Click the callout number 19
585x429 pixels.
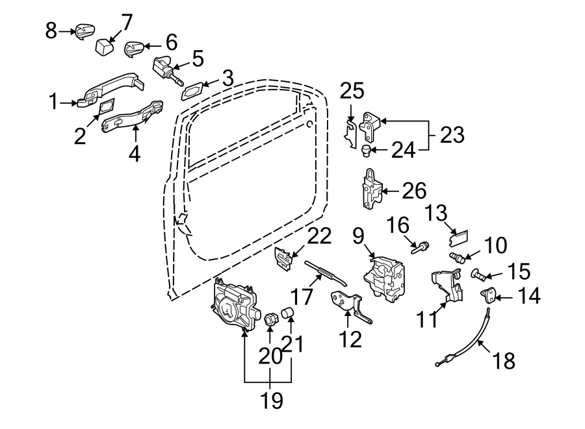pyautogui.click(x=271, y=400)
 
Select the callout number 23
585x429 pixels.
pyautogui.click(x=452, y=135)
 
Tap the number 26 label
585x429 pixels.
pyautogui.click(x=414, y=191)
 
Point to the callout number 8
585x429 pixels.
pyautogui.click(x=51, y=31)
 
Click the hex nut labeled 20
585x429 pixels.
pyautogui.click(x=270, y=319)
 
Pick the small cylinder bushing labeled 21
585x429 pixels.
pyautogui.click(x=289, y=312)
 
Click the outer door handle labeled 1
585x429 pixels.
pyautogui.click(x=110, y=90)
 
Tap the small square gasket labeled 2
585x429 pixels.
pyautogui.click(x=107, y=106)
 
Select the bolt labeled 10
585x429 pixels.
pyautogui.click(x=458, y=257)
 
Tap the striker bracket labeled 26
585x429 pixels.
pyautogui.click(x=372, y=188)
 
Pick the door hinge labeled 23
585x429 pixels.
pyautogui.click(x=370, y=127)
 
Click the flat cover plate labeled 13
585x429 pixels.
pyautogui.click(x=458, y=238)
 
